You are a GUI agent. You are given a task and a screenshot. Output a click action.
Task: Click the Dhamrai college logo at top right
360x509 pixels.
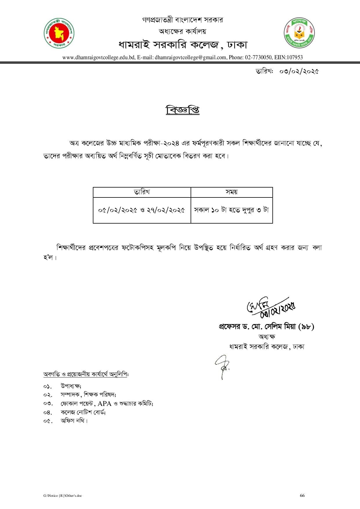[x=299, y=33]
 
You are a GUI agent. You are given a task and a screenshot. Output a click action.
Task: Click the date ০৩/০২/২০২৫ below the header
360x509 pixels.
[x=299, y=71]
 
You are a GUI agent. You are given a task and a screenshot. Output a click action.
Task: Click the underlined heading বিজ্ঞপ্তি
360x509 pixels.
[x=182, y=110]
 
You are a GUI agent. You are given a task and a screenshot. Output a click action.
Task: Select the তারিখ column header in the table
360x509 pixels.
[x=142, y=192]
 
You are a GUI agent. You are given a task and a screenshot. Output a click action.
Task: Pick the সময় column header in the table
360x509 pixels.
[x=231, y=192]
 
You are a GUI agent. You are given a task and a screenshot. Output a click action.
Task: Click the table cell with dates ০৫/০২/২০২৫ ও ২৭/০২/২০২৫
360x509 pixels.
[x=142, y=210]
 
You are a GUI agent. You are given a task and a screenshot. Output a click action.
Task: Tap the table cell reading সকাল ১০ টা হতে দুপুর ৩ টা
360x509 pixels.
[x=231, y=210]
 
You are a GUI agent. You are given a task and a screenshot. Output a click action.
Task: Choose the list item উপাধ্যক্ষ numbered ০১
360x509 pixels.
[x=71, y=386]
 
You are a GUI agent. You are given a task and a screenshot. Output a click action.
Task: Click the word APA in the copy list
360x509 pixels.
[x=104, y=403]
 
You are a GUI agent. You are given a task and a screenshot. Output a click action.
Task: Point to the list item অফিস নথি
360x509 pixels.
[x=74, y=421]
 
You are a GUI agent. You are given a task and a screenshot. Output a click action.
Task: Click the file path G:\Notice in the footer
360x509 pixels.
[x=62, y=496]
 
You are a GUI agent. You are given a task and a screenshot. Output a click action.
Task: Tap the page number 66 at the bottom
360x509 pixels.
[x=302, y=495]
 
